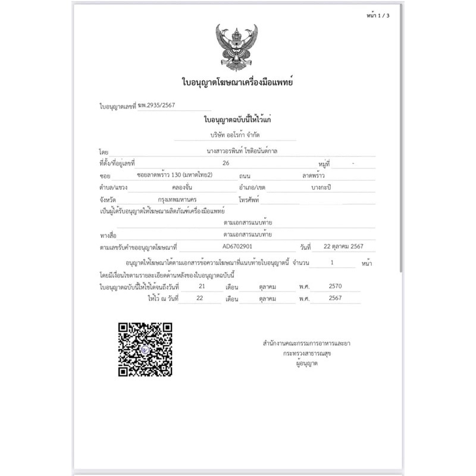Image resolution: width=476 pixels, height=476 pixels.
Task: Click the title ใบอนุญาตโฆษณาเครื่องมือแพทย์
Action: point(237,82)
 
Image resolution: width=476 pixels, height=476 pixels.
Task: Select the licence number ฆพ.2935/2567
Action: point(156,106)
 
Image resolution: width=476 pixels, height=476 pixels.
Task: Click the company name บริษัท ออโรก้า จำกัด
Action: point(236,135)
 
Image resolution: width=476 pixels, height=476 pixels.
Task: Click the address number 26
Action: point(225,162)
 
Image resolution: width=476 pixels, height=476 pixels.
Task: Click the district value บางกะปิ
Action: point(321,187)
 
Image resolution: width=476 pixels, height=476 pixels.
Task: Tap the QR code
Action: point(145,349)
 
